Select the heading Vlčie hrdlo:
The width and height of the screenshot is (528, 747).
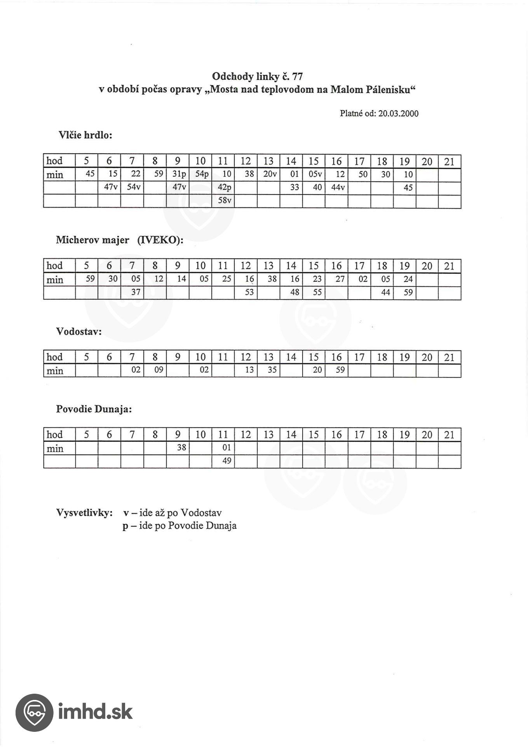point(85,135)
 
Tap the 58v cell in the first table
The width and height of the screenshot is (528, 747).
point(225,201)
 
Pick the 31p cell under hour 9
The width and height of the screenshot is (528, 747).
point(179,174)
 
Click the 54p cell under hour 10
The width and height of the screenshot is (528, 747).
point(202,174)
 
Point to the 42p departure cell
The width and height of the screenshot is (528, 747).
point(225,188)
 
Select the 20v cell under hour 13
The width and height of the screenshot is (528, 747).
point(270,174)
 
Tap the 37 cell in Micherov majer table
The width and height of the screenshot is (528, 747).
point(135,292)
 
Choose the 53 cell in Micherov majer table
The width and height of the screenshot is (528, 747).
point(249,292)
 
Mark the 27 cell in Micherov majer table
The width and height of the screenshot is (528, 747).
point(340,279)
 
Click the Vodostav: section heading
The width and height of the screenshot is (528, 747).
point(79,332)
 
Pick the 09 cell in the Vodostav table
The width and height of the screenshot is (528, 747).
point(159,370)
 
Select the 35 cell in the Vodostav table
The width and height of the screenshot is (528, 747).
point(272,370)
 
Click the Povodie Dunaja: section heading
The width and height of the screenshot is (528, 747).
point(94,409)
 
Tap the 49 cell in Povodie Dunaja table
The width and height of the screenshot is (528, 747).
point(227,461)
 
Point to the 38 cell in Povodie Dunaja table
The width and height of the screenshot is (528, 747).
point(181,448)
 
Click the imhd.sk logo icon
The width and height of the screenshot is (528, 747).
point(34,712)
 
